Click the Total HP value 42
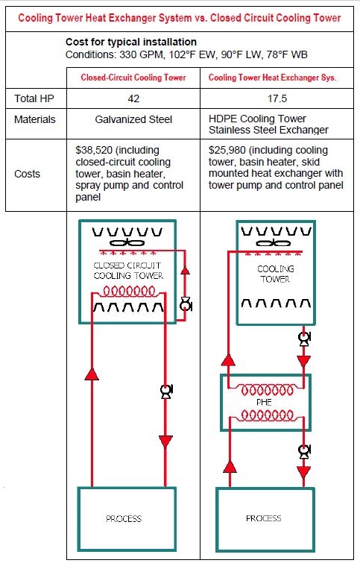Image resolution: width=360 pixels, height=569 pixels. click(133, 98)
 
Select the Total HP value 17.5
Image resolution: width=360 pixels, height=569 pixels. click(277, 98)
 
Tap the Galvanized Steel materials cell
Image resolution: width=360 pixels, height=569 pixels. click(133, 119)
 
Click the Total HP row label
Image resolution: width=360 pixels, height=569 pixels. click(34, 98)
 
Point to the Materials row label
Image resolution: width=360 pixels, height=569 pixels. click(35, 119)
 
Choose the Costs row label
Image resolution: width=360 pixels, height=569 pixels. click(27, 174)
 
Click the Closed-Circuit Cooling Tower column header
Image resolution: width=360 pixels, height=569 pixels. click(133, 78)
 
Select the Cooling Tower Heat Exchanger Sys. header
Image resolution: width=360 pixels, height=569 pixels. click(273, 78)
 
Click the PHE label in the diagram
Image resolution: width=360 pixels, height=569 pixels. click(264, 402)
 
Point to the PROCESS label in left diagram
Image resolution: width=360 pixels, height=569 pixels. click(124, 518)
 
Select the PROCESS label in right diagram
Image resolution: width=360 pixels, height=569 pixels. click(264, 518)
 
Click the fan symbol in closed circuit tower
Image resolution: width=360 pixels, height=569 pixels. click(127, 243)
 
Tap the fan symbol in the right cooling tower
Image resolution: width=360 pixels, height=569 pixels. click(273, 243)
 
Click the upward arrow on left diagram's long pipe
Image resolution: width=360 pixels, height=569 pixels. click(92, 374)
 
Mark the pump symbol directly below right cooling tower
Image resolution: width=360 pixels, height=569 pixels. click(304, 339)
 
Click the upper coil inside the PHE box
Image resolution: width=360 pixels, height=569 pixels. click(267, 390)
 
